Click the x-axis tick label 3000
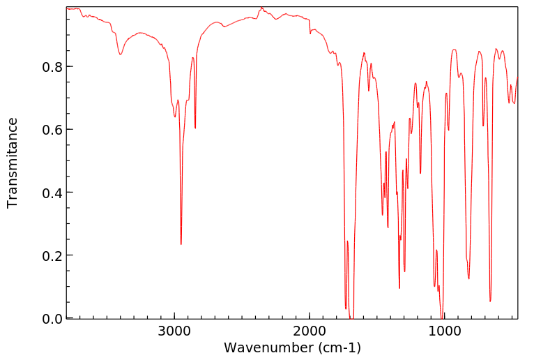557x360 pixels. click(174, 332)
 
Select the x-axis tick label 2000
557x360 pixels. click(310, 332)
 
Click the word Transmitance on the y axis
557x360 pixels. click(13, 163)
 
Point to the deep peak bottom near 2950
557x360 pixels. click(181, 244)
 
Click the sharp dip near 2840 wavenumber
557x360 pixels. click(195, 128)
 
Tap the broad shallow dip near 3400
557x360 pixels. click(121, 54)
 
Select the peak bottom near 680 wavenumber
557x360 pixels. click(490, 301)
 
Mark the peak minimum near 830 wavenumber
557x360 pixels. click(468, 278)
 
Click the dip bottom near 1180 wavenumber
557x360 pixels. click(420, 173)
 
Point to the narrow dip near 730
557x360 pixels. click(483, 126)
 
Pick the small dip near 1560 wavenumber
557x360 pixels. click(369, 90)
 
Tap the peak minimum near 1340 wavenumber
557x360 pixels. click(399, 287)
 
